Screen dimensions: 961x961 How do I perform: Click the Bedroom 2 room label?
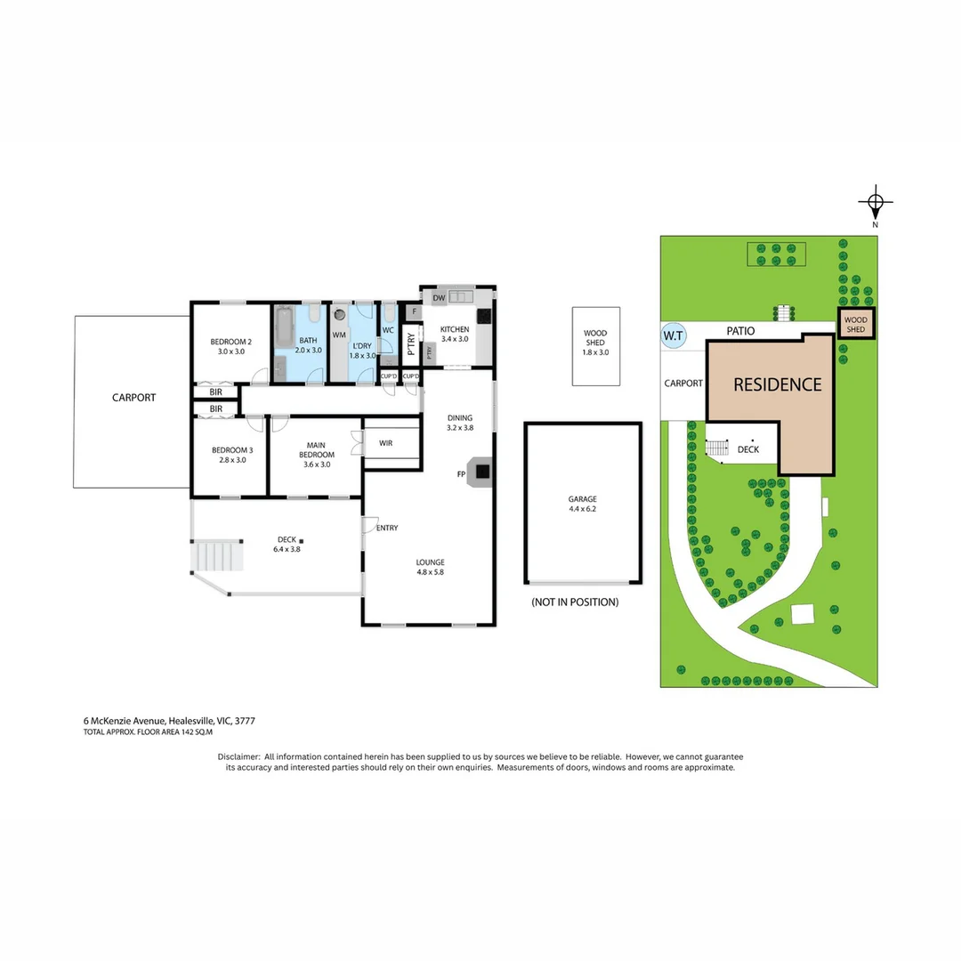(x=231, y=346)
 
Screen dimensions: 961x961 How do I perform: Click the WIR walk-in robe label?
(x=385, y=442)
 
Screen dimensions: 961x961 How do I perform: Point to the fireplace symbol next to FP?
(x=481, y=473)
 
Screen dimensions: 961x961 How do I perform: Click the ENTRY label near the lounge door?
(x=387, y=528)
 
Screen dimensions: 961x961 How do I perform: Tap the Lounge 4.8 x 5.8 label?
(x=430, y=567)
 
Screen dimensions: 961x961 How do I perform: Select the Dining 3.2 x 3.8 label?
(x=459, y=422)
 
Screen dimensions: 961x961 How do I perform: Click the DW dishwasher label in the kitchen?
(x=439, y=297)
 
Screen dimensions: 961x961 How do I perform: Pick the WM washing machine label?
(x=339, y=335)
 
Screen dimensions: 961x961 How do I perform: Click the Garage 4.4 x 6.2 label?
(x=583, y=504)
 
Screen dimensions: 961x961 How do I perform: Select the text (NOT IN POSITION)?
(x=574, y=602)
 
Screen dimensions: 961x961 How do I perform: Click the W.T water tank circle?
(x=674, y=335)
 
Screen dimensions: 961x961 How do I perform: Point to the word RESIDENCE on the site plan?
(x=777, y=384)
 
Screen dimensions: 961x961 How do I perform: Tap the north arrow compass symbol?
(x=875, y=203)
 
